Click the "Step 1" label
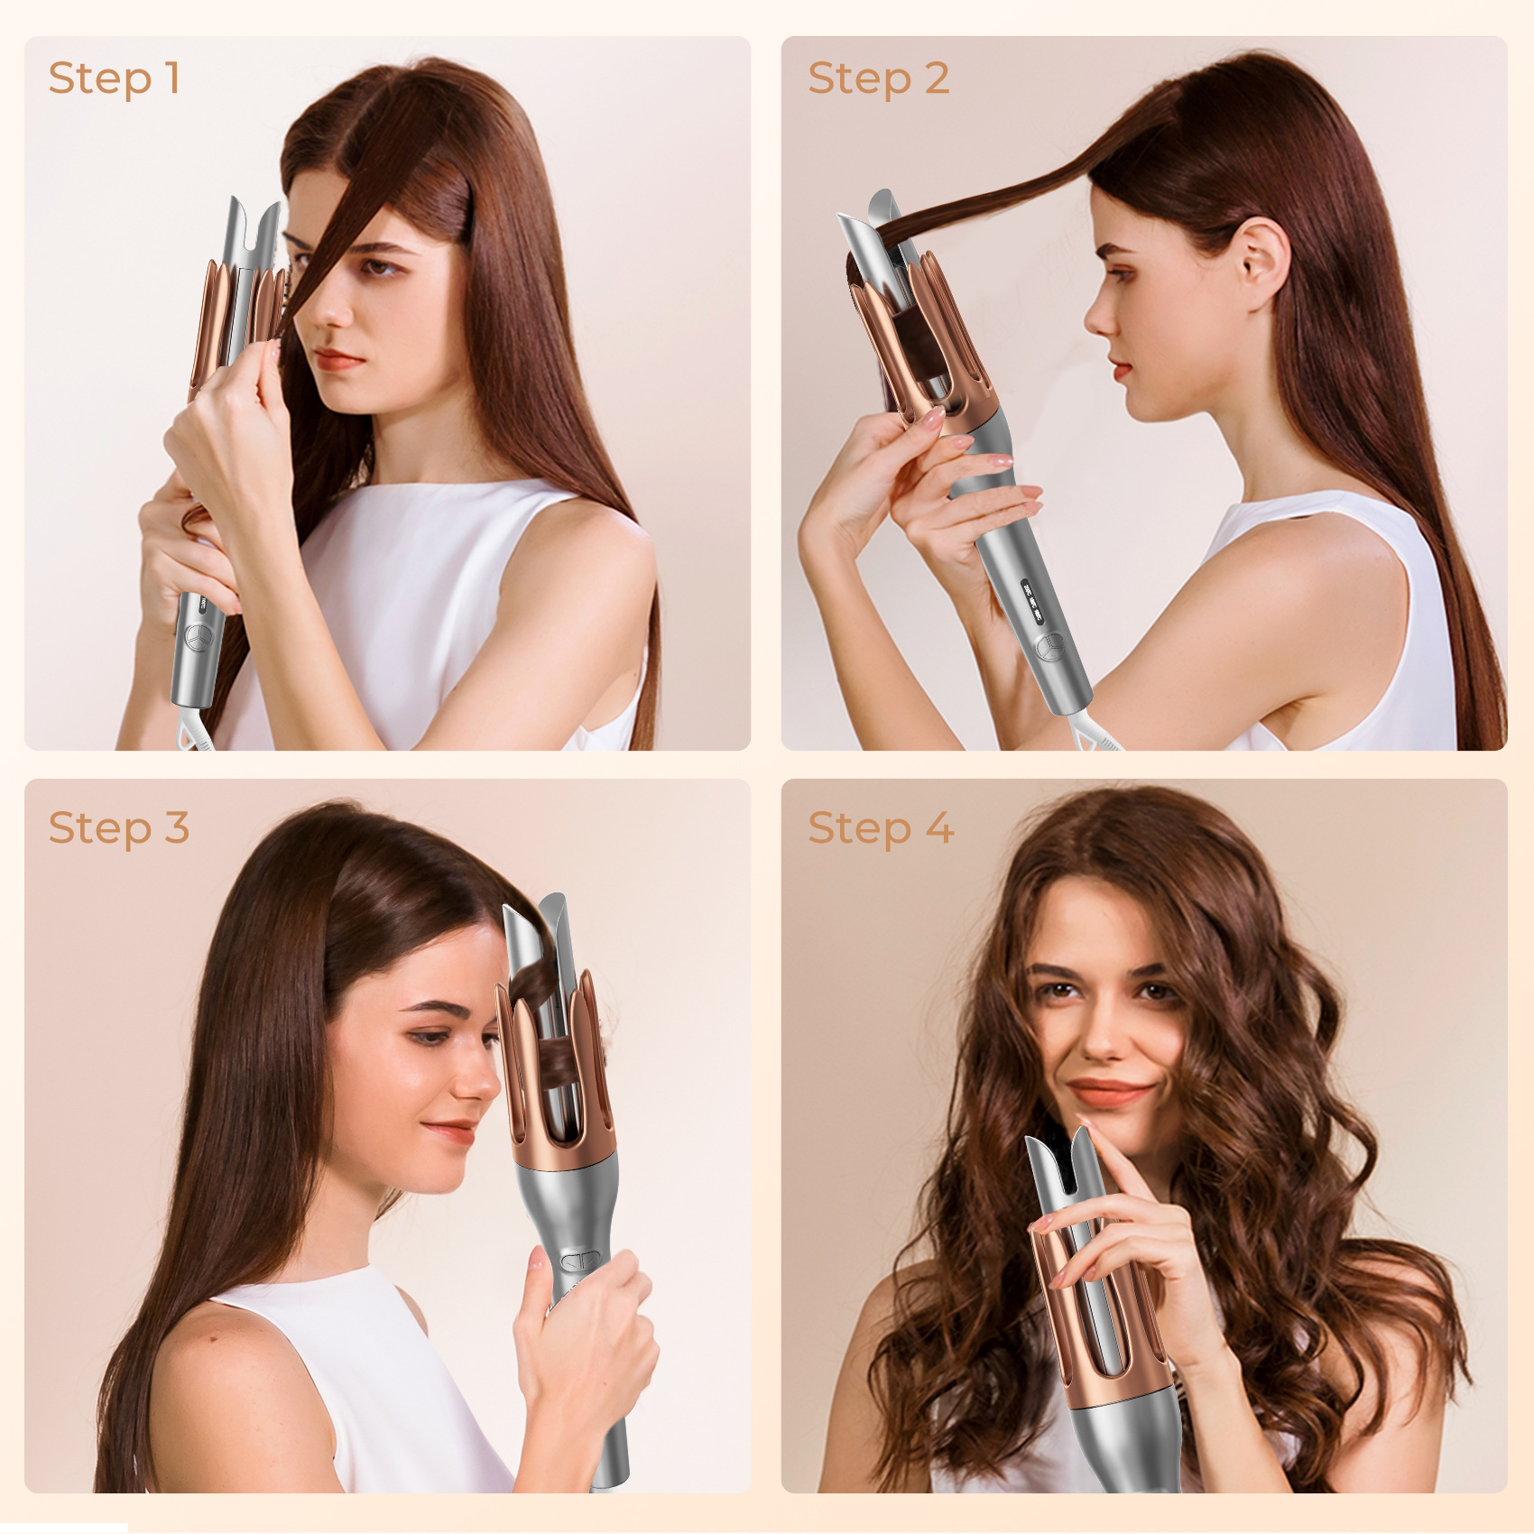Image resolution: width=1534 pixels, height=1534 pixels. pos(114,79)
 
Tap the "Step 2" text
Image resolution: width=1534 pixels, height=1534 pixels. pos(878,79)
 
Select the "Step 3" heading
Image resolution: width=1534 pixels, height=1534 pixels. pos(118,828)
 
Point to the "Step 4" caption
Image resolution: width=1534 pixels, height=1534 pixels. pos(880,828)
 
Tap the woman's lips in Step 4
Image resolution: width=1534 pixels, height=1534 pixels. pos(1109,1093)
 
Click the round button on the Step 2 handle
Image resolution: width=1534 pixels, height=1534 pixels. pos(1048,647)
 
